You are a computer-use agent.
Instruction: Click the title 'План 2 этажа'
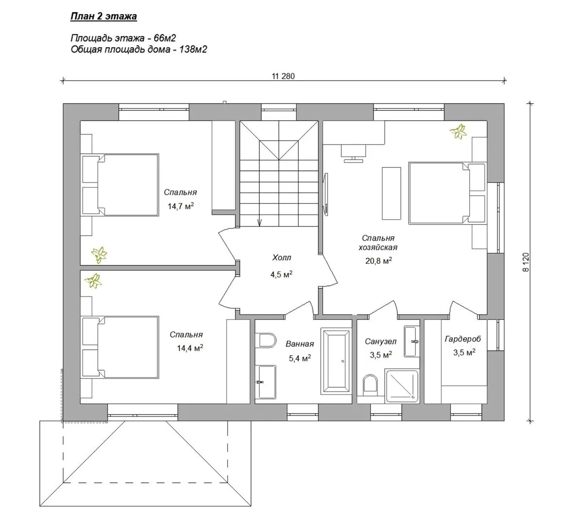tap(103, 16)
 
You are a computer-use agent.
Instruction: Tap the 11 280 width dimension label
tap(283, 76)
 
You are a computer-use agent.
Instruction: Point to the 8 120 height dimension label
tap(526, 262)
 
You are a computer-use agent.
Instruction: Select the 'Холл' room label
tap(282, 258)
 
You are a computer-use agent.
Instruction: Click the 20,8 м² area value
tap(378, 261)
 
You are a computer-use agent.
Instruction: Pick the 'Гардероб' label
tap(462, 339)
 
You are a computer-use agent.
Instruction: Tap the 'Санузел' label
tap(380, 341)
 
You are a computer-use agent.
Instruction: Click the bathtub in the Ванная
tap(336, 361)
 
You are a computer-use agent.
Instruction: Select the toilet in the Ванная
tap(267, 341)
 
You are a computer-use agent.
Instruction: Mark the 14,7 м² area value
tap(181, 206)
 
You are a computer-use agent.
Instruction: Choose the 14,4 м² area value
tap(190, 348)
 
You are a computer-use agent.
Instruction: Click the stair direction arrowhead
tap(259, 223)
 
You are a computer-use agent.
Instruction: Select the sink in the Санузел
tap(411, 342)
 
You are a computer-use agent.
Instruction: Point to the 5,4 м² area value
tap(300, 358)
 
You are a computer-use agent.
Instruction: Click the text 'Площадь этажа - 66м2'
tap(123, 38)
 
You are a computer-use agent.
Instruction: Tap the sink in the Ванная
tap(267, 382)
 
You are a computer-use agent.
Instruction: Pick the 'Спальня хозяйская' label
tap(378, 243)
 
